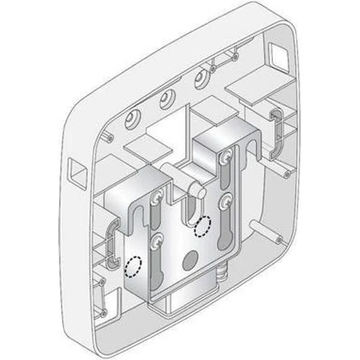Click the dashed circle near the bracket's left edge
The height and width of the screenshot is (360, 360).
[x=133, y=267]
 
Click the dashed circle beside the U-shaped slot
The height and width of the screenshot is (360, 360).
[x=202, y=226]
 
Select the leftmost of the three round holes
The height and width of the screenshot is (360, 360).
[x=133, y=119]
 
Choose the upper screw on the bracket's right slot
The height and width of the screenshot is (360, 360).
[x=225, y=157]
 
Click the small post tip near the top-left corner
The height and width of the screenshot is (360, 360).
[x=110, y=138]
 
